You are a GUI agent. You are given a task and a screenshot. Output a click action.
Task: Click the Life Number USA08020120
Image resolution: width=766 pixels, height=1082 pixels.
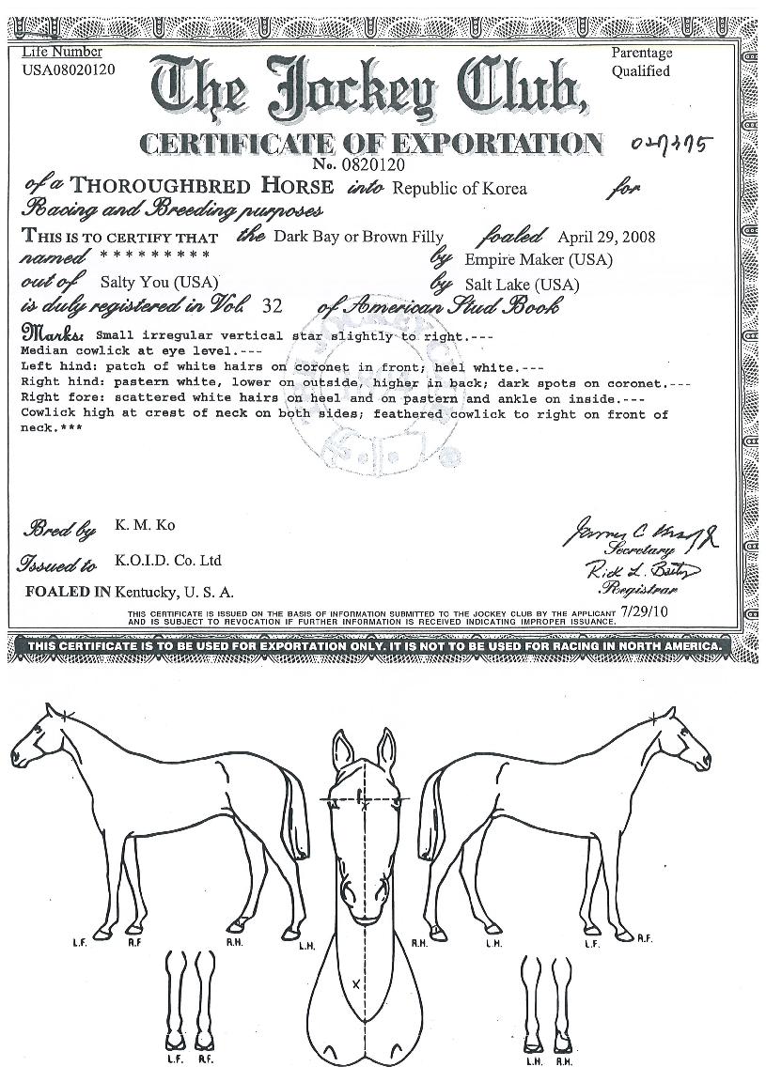point(69,69)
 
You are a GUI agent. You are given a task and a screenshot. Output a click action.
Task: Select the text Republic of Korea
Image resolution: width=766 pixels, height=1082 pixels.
point(460,189)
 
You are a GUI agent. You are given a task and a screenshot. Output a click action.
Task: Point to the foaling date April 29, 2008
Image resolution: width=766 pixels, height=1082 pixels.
point(606,237)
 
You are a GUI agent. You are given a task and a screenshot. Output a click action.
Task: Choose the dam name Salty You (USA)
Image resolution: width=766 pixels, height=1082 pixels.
point(159,282)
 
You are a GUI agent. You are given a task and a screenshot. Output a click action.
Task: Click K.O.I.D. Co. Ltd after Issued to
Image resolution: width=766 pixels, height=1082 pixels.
point(168,561)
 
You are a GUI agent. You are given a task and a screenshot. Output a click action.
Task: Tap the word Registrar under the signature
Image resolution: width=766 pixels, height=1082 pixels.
point(635,590)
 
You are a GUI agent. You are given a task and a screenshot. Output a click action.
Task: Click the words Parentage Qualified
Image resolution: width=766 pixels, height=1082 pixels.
point(642,62)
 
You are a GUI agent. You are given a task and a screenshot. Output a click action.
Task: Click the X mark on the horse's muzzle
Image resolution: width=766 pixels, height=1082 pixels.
point(356,983)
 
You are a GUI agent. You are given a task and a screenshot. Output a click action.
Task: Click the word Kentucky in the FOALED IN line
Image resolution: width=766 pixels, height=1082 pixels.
point(147,593)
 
